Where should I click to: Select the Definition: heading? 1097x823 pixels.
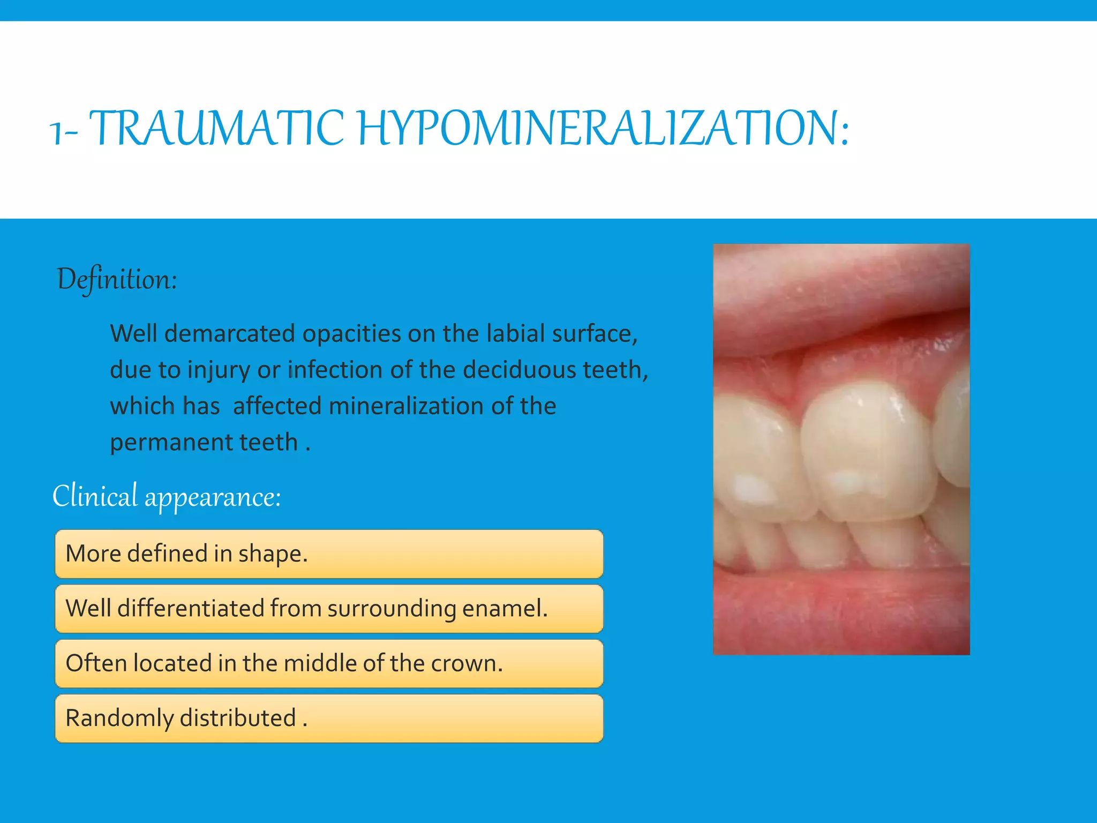pos(117,279)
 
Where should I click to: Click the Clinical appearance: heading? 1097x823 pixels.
pos(167,496)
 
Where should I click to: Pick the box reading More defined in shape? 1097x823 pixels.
pos(329,553)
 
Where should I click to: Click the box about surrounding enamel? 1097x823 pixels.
pos(329,609)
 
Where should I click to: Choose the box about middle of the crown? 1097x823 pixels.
pos(329,663)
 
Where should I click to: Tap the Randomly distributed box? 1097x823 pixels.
pos(329,718)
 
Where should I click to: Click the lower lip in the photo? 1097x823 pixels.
pos(841,605)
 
